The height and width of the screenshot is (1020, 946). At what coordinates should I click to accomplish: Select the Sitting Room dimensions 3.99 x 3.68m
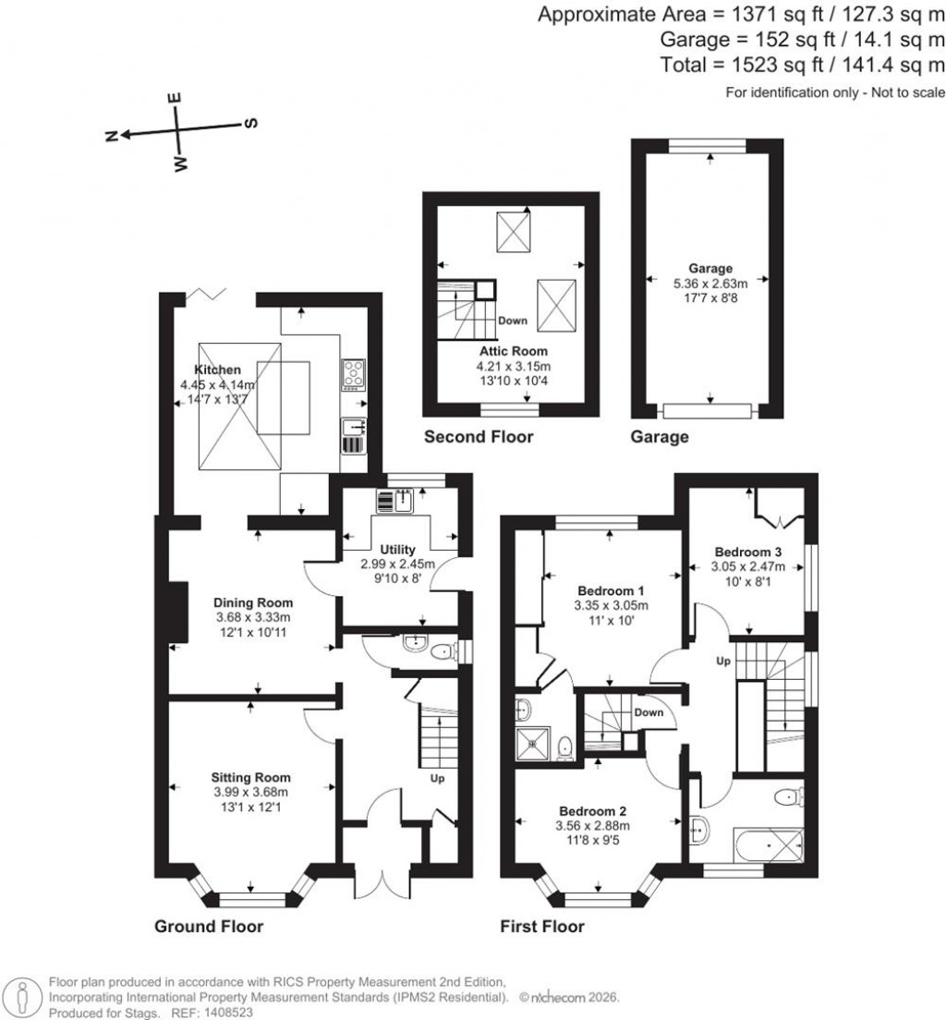pyautogui.click(x=250, y=792)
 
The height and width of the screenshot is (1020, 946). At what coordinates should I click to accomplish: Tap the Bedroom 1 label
pyautogui.click(x=611, y=590)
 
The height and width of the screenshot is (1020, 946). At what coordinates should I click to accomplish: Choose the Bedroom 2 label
pyautogui.click(x=592, y=810)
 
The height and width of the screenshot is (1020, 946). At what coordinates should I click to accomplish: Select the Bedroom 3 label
pyautogui.click(x=749, y=552)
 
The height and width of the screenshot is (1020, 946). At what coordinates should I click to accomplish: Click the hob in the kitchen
pyautogui.click(x=353, y=373)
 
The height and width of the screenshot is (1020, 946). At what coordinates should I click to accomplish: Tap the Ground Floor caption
pyautogui.click(x=208, y=926)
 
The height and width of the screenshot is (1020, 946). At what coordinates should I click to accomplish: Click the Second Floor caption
pyautogui.click(x=478, y=437)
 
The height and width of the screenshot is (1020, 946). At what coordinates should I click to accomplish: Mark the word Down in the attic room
pyautogui.click(x=513, y=322)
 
